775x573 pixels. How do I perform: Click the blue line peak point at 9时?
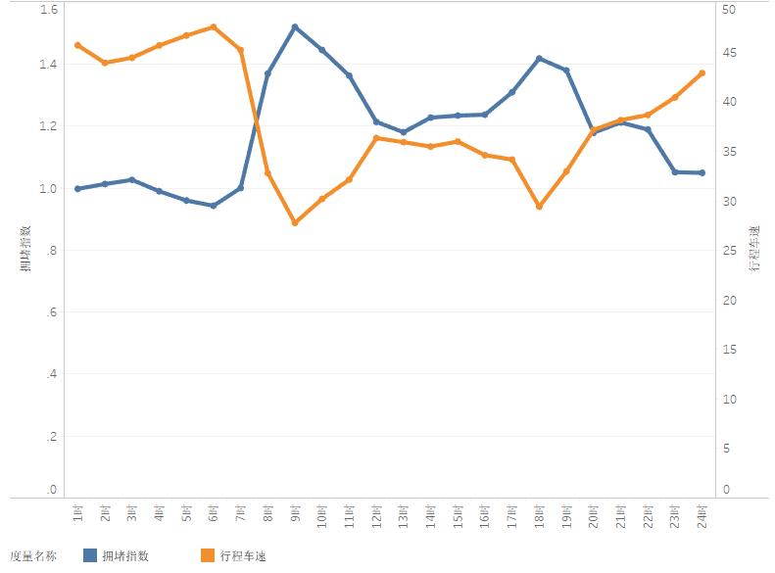[295, 26]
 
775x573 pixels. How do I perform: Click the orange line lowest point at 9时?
[295, 223]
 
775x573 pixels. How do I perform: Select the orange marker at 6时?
[214, 26]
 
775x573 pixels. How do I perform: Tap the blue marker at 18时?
[539, 59]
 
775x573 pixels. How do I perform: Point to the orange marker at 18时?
[539, 207]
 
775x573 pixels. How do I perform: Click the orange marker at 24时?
[702, 72]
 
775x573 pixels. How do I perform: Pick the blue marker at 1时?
[77, 188]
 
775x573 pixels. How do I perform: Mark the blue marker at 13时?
[404, 132]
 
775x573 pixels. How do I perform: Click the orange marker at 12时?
[376, 137]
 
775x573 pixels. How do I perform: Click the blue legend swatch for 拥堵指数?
[90, 555]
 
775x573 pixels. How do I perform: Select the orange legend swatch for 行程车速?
[207, 555]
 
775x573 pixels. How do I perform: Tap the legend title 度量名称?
[32, 555]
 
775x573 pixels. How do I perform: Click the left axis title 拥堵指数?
[24, 248]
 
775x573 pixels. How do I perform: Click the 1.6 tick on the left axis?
[49, 10]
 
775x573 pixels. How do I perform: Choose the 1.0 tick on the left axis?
[49, 188]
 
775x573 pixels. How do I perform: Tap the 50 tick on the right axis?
[727, 10]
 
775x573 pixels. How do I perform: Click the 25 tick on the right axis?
[727, 251]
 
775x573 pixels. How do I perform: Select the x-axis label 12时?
[376, 515]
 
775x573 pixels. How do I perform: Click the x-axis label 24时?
[702, 515]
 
